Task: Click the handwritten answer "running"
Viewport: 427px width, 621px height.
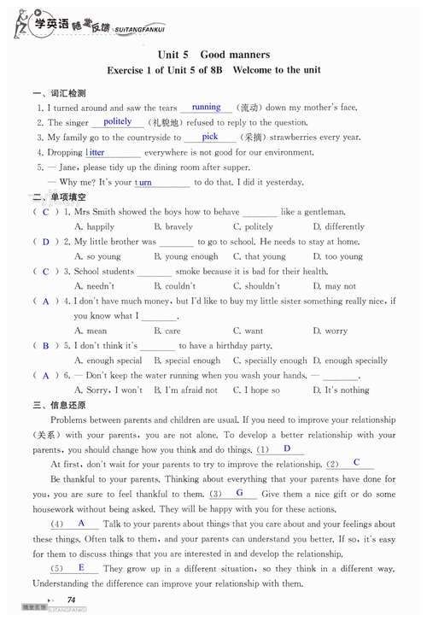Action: pyautogui.click(x=207, y=107)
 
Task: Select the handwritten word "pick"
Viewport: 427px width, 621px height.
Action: pyautogui.click(x=210, y=136)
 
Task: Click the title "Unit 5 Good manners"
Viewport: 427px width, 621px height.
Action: pyautogui.click(x=213, y=54)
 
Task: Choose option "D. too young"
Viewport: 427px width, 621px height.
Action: pyautogui.click(x=337, y=256)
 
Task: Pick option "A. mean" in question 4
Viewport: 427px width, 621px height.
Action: pyautogui.click(x=91, y=331)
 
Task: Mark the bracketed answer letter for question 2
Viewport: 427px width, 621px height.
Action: pyautogui.click(x=46, y=242)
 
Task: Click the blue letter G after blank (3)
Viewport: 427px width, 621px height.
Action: pyautogui.click(x=240, y=493)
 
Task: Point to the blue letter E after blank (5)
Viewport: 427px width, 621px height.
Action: pyautogui.click(x=81, y=567)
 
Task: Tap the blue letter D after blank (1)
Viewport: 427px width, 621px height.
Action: pyautogui.click(x=287, y=448)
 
